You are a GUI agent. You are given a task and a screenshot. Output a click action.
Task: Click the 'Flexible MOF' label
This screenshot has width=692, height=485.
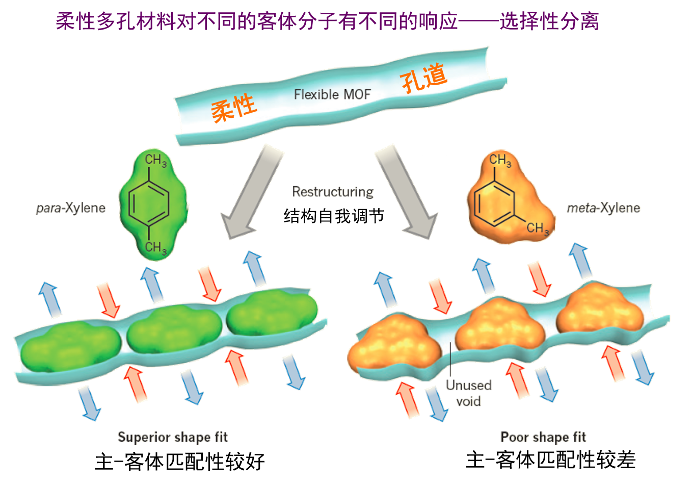pyautogui.click(x=332, y=94)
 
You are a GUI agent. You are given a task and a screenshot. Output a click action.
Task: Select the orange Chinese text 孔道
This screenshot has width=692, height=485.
pyautogui.click(x=423, y=78)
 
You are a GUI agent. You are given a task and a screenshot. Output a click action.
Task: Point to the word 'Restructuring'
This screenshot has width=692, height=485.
pyautogui.click(x=333, y=192)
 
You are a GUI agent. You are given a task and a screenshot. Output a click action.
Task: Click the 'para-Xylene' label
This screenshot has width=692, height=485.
pyautogui.click(x=71, y=208)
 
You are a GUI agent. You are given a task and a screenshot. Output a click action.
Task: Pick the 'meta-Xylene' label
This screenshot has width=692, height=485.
pyautogui.click(x=604, y=208)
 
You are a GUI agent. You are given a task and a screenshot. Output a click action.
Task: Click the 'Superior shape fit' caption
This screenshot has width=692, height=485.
pyautogui.click(x=173, y=437)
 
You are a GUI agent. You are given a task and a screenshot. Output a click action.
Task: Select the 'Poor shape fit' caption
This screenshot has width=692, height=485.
pyautogui.click(x=544, y=437)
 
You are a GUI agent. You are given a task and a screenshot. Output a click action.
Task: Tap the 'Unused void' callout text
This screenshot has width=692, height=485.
pyautogui.click(x=469, y=393)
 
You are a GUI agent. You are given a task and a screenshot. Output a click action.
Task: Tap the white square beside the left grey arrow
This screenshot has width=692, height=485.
pyautogui.click(x=221, y=172)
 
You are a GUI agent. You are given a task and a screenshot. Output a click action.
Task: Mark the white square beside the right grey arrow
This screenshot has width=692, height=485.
pyautogui.click(x=435, y=168)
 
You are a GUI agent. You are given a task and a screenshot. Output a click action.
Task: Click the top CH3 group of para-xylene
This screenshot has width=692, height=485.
pyautogui.click(x=155, y=161)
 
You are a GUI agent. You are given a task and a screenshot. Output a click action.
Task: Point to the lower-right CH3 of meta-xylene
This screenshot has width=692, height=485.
pyautogui.click(x=538, y=228)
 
